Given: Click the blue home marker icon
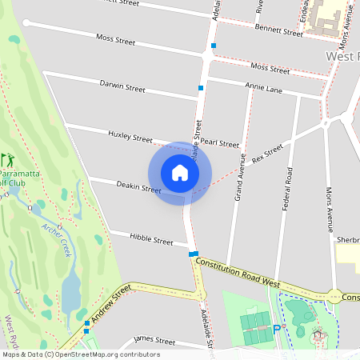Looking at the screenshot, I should [180, 172].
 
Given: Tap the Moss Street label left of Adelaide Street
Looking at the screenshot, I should [115, 38].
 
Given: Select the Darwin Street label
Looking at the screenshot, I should [122, 85].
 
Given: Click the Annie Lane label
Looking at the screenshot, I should [264, 87].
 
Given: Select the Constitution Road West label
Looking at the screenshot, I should [237, 273].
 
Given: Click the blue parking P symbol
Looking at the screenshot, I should [277, 328].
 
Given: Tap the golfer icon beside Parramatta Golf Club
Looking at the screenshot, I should [7, 159].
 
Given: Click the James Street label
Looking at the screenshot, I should [154, 340].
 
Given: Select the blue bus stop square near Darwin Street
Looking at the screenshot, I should [200, 87].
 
